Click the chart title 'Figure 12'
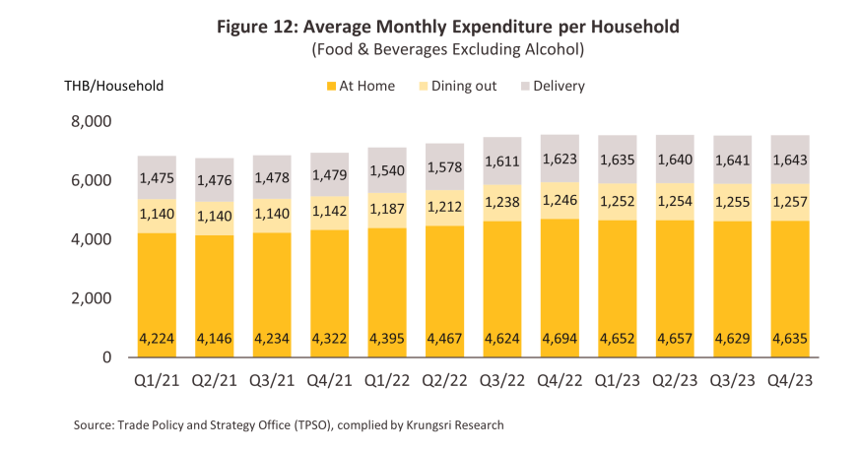pos(447,27)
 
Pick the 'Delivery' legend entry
pos(559,86)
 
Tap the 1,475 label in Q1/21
pos(157,177)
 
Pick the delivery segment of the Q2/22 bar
pos(444,166)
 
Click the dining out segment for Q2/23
pos(674,202)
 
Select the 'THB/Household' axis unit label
pos(107,86)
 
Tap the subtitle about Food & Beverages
pos(447,48)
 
